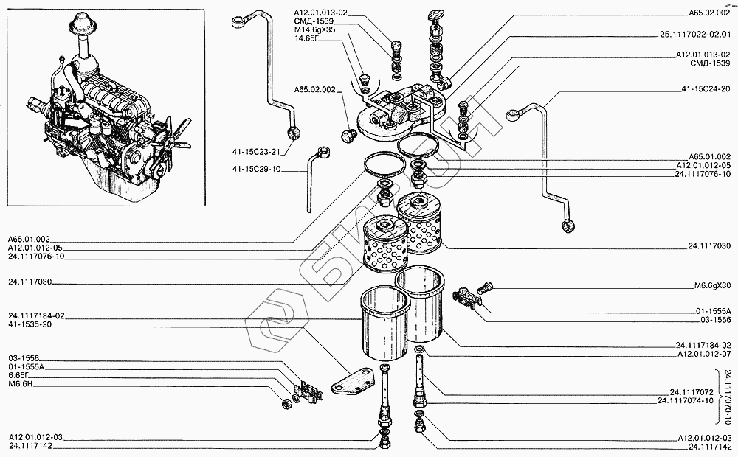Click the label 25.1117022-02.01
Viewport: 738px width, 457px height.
(696, 34)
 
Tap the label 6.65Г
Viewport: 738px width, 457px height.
(20, 374)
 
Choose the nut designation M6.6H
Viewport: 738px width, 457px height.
(21, 383)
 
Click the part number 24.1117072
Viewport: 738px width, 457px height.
(691, 391)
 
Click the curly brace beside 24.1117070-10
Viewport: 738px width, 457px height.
(718, 396)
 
